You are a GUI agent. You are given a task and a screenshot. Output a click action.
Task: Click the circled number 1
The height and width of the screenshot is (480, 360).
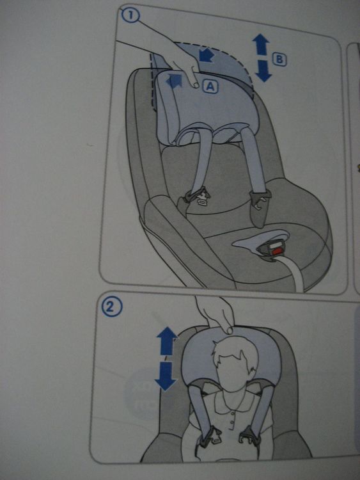[x=130, y=15]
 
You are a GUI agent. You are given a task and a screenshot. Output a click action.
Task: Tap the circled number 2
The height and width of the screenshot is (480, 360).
[x=112, y=307]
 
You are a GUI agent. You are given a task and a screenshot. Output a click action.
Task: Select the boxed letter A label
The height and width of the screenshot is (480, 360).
[x=210, y=87]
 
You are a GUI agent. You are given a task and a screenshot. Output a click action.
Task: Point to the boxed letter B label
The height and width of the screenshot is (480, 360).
[x=279, y=60]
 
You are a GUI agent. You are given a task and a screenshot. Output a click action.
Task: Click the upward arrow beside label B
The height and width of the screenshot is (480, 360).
[x=261, y=44]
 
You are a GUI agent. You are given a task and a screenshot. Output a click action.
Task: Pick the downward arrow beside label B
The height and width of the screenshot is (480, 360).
[x=263, y=71]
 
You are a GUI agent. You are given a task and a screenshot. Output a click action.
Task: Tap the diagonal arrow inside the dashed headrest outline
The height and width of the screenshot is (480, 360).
[x=206, y=55]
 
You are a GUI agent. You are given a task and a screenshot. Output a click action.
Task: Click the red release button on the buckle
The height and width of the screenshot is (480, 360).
[x=276, y=252]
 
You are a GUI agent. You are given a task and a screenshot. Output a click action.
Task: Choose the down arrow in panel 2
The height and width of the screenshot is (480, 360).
[x=166, y=376]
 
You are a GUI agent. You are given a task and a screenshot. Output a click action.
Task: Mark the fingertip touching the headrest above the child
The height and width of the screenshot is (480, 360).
[x=229, y=330]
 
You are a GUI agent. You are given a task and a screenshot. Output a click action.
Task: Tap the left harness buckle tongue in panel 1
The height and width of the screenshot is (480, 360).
[x=201, y=198]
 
